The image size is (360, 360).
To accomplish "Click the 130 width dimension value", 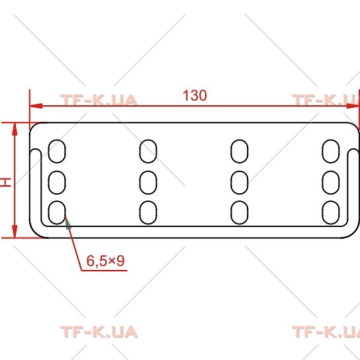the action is [195, 95].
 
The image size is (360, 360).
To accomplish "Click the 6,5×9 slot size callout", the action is [105, 261].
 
